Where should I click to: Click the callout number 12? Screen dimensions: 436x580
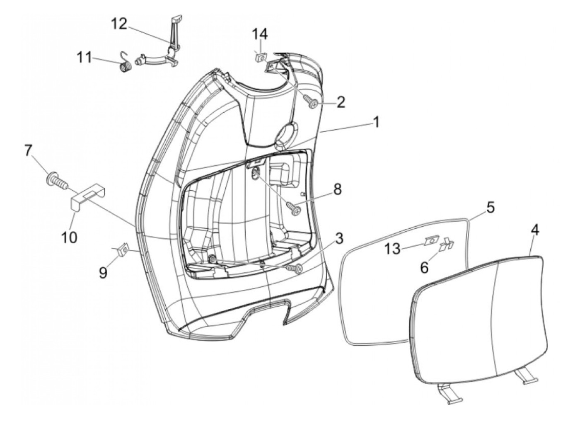coord(119,24)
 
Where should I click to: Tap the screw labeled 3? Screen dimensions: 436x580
coord(297,269)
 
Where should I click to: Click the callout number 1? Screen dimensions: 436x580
coord(376,123)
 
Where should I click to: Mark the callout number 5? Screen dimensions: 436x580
coord(491,208)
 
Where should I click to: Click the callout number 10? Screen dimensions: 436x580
coord(70,237)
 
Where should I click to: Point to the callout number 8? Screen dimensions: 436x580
coord(337,190)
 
